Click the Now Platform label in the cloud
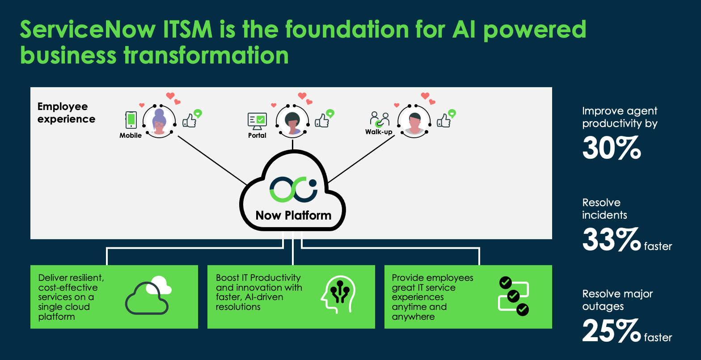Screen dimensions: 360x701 [x=293, y=215]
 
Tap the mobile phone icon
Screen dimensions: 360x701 [x=131, y=120]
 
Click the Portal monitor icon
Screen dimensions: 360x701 [x=257, y=120]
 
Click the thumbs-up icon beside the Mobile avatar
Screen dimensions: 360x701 [x=190, y=120]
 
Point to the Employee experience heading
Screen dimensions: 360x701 [x=66, y=113]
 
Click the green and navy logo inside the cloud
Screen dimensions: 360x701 [x=293, y=190]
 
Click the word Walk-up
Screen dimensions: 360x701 [x=379, y=132]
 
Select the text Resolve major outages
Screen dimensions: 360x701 [x=617, y=300]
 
